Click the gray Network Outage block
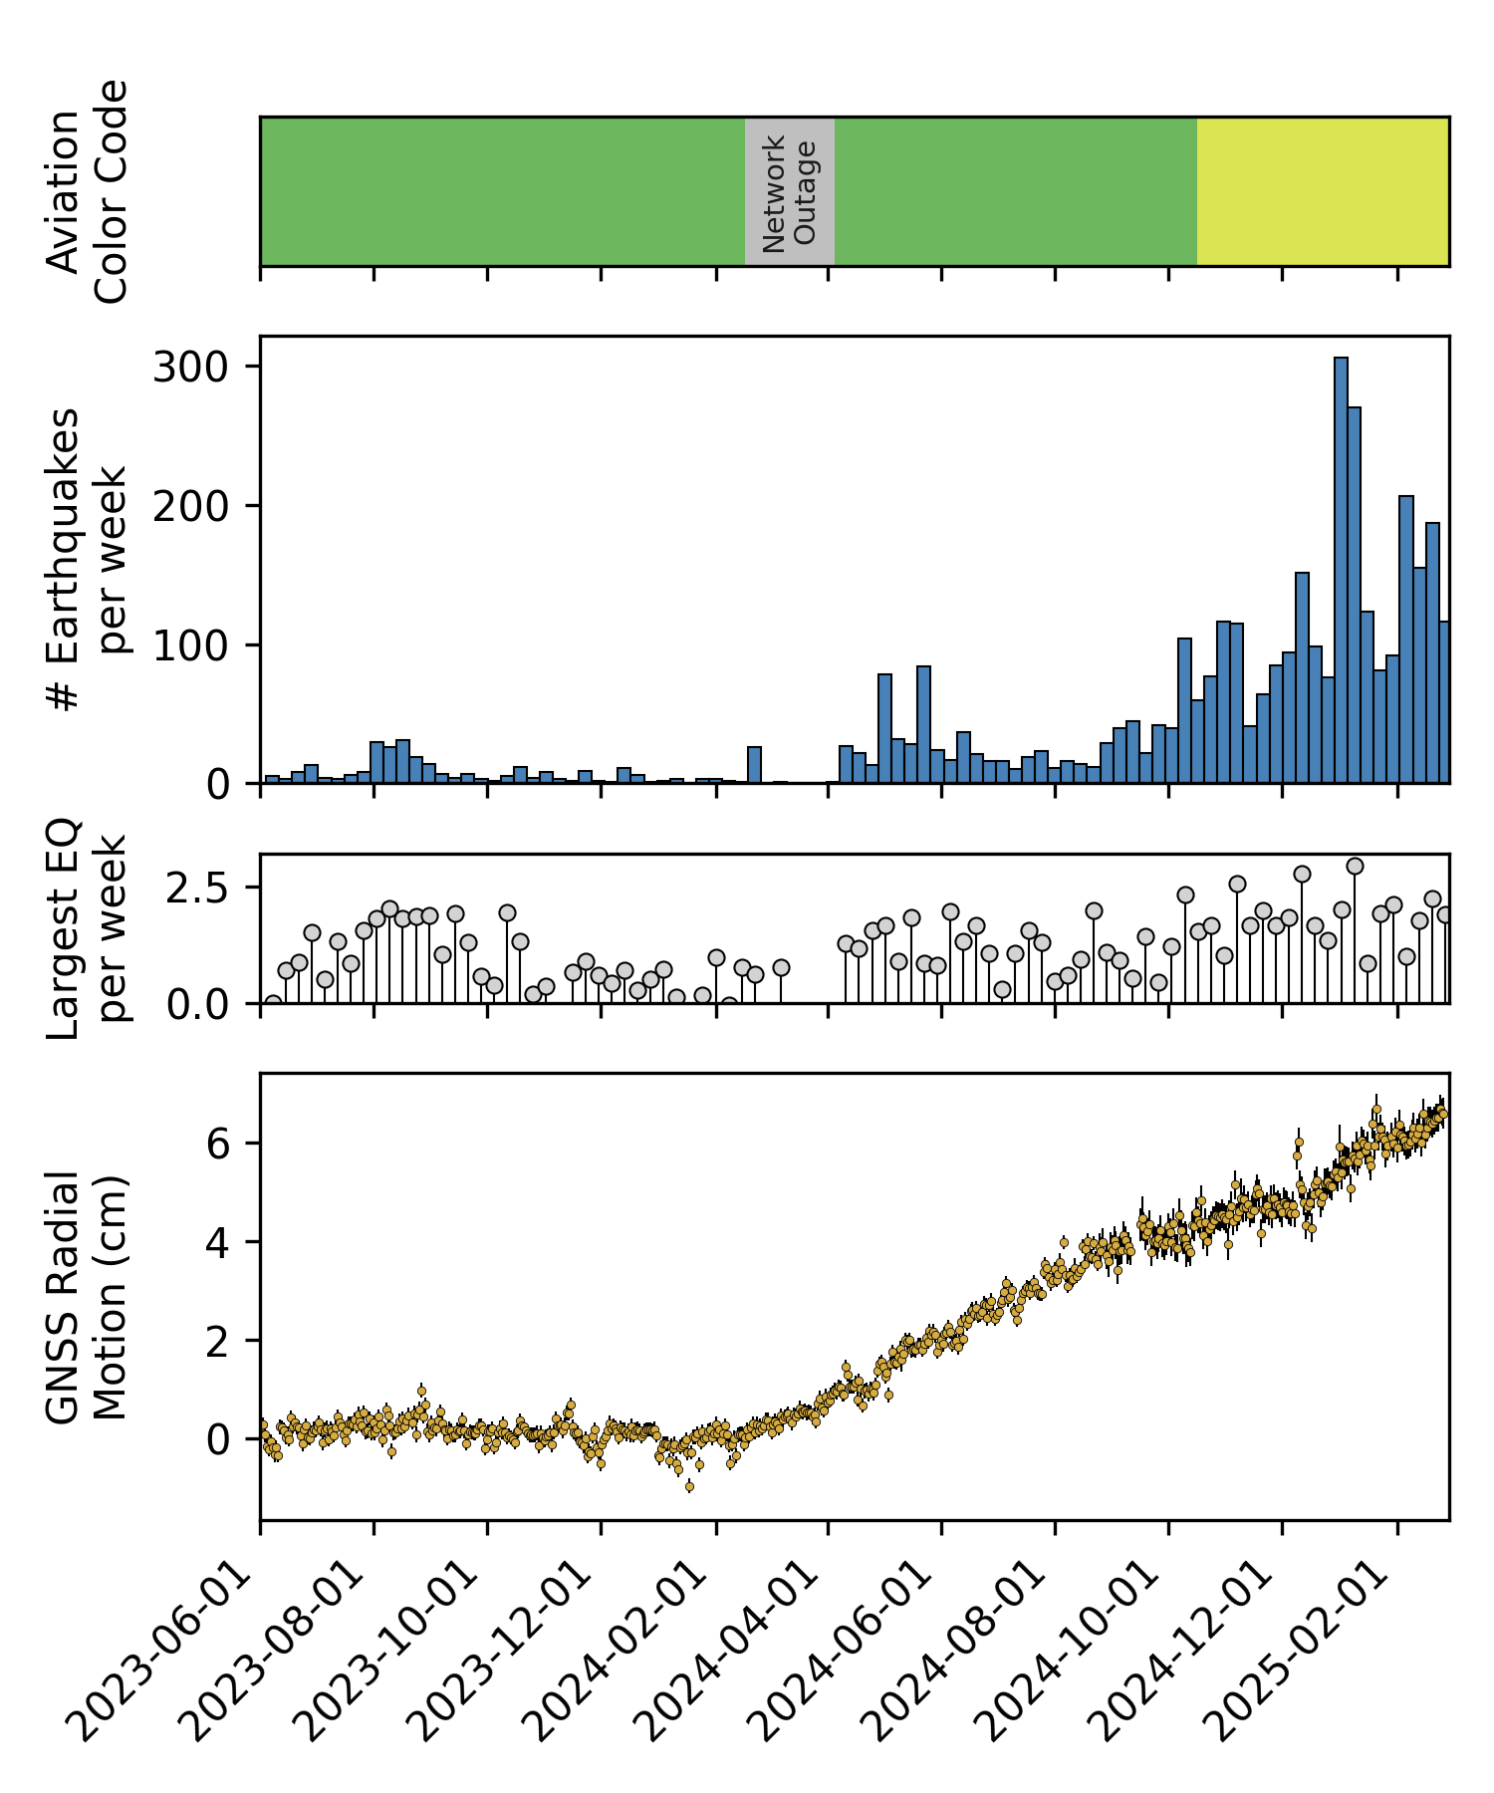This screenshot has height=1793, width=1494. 789,191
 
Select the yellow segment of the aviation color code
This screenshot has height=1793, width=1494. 1322,191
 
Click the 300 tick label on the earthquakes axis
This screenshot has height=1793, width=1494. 191,368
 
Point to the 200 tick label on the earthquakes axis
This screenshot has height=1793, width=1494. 191,507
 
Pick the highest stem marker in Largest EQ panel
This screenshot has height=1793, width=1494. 1355,867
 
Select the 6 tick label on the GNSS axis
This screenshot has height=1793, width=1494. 218,1143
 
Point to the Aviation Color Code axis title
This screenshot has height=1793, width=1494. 87,191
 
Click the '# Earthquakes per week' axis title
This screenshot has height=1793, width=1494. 87,560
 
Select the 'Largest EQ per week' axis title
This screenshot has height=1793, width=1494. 87,928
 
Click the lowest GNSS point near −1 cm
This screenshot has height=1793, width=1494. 689,1486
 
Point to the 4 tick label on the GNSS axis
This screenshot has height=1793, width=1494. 218,1242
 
